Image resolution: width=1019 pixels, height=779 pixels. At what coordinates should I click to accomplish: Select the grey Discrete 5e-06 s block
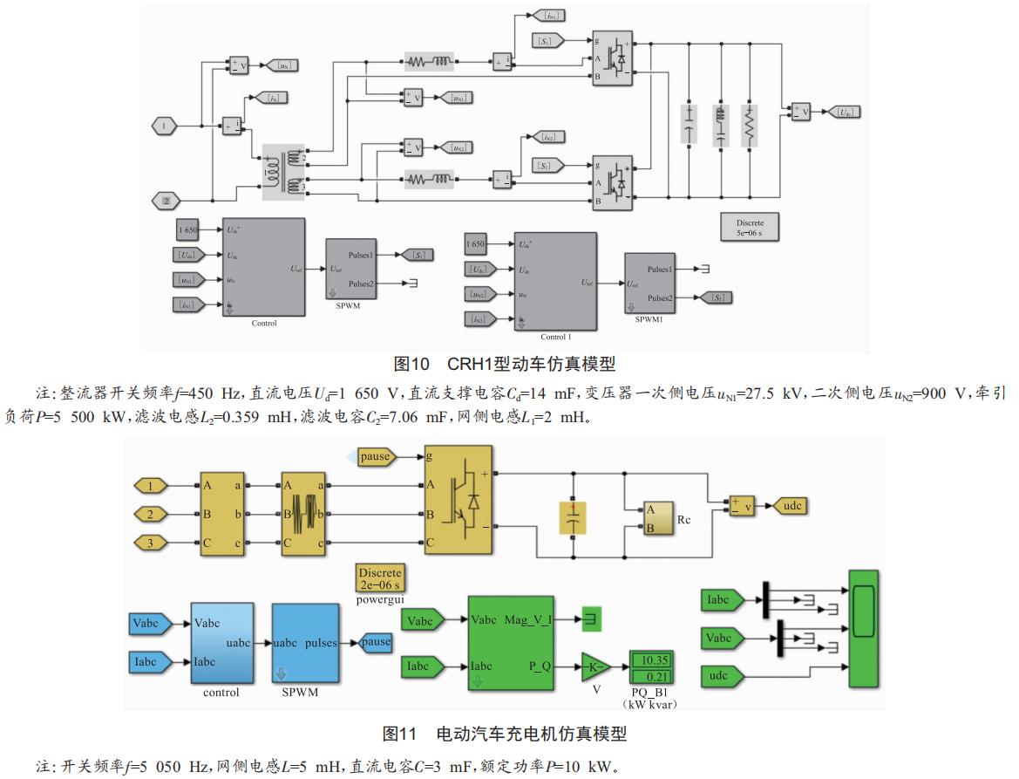(x=749, y=228)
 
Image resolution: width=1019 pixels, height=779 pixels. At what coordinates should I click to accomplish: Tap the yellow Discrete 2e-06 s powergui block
(x=381, y=578)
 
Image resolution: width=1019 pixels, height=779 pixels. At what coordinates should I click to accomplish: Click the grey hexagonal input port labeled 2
(x=164, y=202)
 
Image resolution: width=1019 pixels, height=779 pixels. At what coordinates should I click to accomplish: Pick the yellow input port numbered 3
(x=150, y=543)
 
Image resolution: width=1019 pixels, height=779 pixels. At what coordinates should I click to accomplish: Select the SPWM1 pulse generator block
(x=654, y=283)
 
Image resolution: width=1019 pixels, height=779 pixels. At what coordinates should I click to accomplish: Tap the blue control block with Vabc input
(x=221, y=644)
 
